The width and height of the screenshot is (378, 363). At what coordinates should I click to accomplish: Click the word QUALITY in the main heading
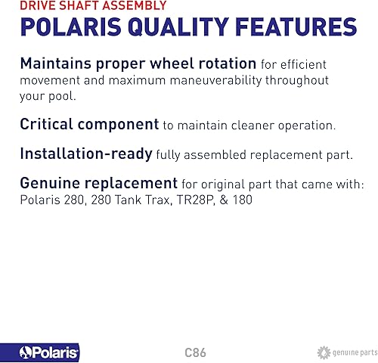click(178, 27)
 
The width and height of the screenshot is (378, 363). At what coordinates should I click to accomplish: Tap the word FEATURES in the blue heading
click(296, 26)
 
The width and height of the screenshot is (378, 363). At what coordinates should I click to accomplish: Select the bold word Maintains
click(55, 64)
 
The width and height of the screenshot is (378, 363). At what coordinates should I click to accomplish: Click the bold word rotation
click(228, 64)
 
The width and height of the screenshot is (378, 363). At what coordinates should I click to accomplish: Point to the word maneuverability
click(216, 81)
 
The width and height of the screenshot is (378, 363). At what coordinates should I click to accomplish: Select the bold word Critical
click(46, 124)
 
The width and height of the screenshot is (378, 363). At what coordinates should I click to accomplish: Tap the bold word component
click(118, 125)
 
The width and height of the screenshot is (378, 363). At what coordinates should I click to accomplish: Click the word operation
click(307, 126)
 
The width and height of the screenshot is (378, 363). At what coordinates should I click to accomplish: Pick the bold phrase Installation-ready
click(86, 154)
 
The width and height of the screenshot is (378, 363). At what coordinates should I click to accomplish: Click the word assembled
click(215, 155)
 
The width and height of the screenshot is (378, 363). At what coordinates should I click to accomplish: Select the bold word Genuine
click(50, 183)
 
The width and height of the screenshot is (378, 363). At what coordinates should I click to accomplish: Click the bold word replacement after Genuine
click(131, 184)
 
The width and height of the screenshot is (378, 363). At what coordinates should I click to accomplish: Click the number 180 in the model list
click(243, 200)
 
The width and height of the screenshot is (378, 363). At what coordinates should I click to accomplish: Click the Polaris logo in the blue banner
click(48, 352)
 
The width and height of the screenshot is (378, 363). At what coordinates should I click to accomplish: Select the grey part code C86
click(195, 352)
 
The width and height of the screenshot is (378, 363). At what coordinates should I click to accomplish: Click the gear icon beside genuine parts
click(324, 352)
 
